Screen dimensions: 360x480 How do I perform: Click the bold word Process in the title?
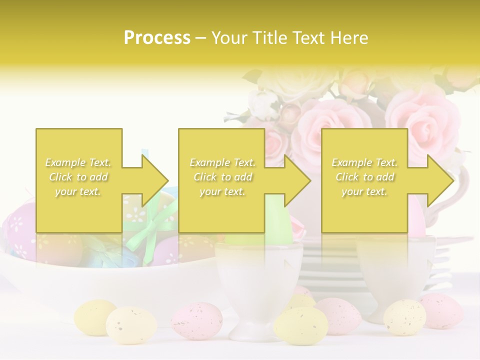point(157,38)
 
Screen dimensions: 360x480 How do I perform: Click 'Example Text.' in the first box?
point(78,162)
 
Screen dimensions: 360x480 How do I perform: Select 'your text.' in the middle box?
point(222,191)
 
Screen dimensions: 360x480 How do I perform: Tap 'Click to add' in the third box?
point(365,177)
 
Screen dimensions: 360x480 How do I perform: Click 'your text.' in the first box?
point(78,191)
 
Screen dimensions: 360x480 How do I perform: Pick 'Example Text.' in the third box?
point(364,162)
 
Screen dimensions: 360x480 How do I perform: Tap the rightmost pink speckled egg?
point(440,310)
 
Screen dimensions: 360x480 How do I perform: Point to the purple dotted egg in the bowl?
point(20,230)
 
